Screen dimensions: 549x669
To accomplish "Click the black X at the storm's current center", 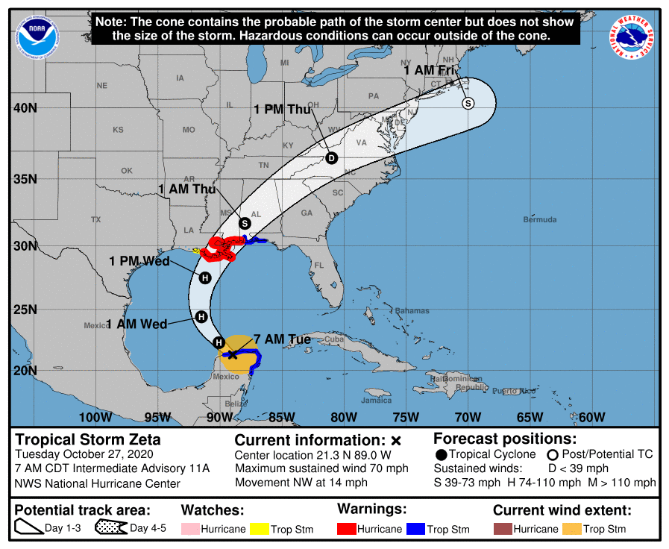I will [x=233, y=354].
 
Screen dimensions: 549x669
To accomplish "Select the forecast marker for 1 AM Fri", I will [x=468, y=103].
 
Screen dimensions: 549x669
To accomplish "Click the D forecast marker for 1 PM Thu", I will [x=331, y=157].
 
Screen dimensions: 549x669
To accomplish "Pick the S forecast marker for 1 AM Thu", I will [x=245, y=223].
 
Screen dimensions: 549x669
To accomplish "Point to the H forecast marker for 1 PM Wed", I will [x=205, y=277].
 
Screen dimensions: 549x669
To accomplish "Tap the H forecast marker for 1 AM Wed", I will [x=201, y=316].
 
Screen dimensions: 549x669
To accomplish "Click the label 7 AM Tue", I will [x=282, y=339].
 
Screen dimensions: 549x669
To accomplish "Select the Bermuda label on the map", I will [x=539, y=220].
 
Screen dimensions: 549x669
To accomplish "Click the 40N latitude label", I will [x=25, y=108].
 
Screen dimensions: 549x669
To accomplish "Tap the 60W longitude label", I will [x=591, y=417].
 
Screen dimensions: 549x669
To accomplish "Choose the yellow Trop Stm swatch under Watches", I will [x=260, y=529].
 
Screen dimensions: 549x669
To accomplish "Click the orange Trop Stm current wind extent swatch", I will [x=571, y=529].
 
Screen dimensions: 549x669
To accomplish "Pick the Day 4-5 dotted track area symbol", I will [x=110, y=529].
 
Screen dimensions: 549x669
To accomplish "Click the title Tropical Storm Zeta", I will [x=88, y=439].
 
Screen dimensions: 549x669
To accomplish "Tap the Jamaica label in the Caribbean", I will [x=376, y=401].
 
